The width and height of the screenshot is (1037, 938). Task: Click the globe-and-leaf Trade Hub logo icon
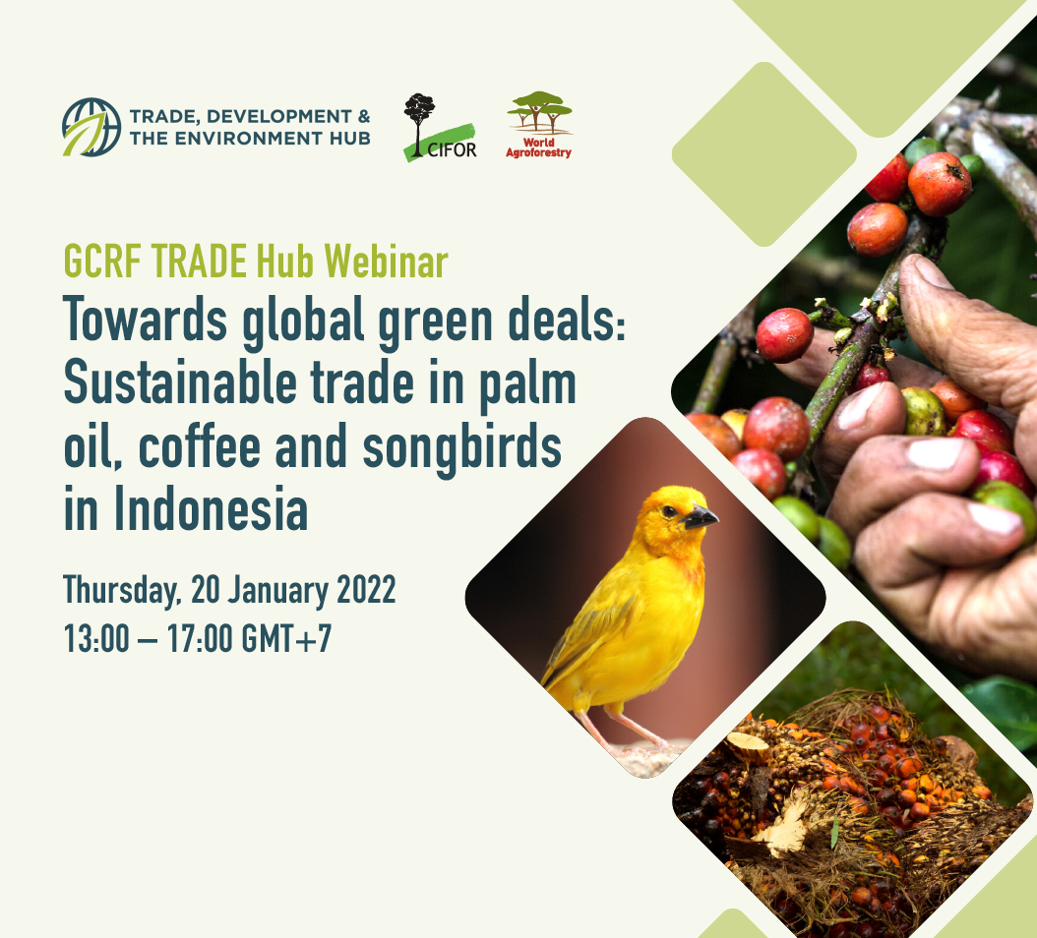tap(91, 127)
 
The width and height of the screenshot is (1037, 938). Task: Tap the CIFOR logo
tap(440, 128)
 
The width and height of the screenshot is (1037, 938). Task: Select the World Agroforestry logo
tap(539, 125)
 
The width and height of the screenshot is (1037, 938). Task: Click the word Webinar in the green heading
tap(387, 262)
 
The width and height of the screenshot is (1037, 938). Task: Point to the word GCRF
tap(102, 262)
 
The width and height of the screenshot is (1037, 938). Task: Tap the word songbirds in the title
tap(462, 448)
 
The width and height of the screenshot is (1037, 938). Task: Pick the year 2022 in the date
tap(366, 589)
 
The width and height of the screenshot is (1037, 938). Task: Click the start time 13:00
tap(96, 638)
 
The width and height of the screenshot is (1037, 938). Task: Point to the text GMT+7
tap(286, 638)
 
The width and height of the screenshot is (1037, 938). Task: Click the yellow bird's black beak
tap(700, 517)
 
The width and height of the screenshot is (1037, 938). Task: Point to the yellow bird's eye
tap(669, 511)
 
